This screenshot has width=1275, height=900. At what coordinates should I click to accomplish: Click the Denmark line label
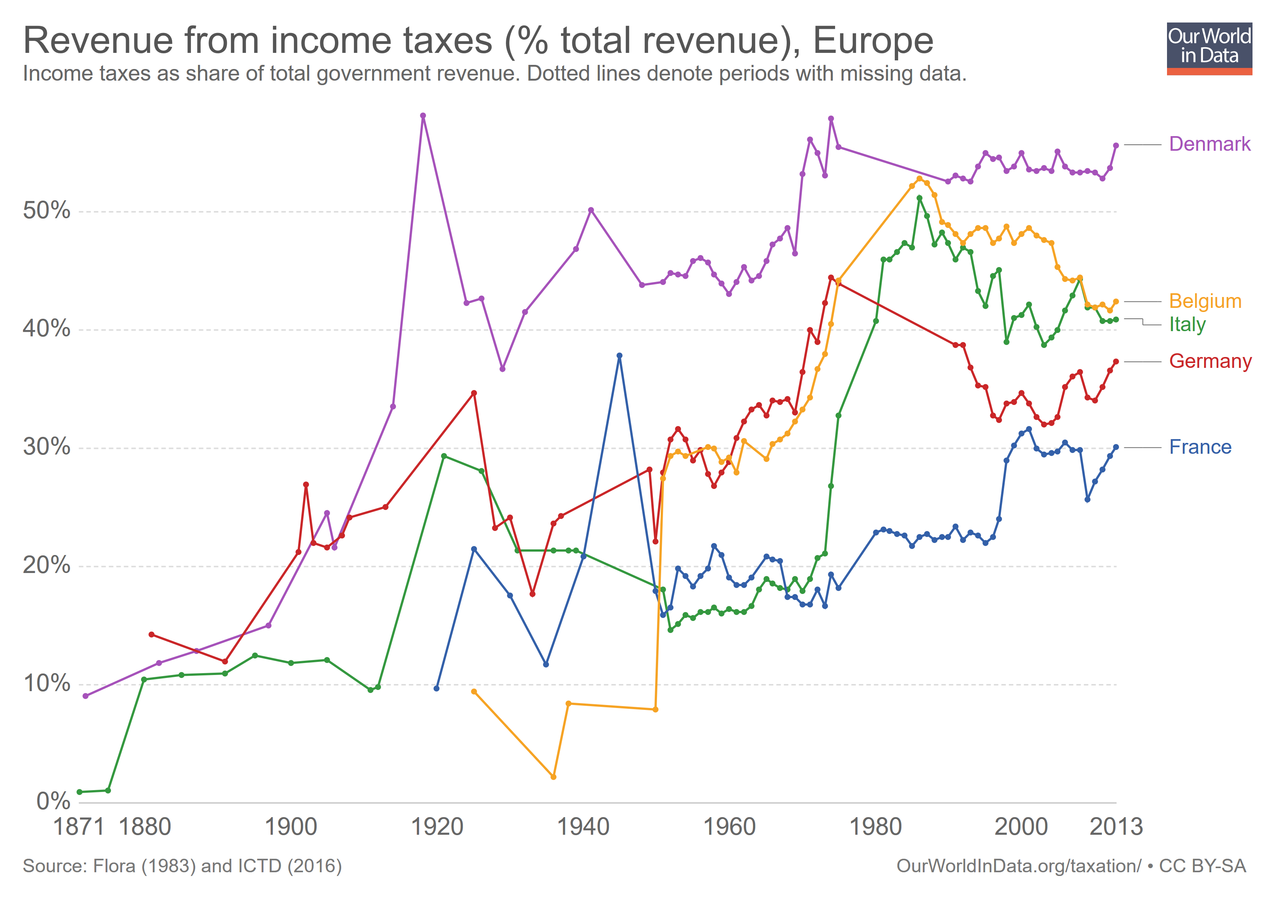click(x=1209, y=144)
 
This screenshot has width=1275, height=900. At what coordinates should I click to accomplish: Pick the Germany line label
click(x=1210, y=361)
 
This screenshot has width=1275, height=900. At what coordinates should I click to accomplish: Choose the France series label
click(x=1200, y=447)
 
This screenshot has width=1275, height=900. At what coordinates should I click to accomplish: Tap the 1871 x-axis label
click(x=78, y=827)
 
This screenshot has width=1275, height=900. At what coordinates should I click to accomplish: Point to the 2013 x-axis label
click(x=1116, y=827)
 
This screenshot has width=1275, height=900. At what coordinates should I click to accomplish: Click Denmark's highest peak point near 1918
click(x=423, y=116)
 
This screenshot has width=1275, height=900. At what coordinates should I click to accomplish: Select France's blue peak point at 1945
click(x=620, y=356)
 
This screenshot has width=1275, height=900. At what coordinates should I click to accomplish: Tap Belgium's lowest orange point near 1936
click(x=553, y=777)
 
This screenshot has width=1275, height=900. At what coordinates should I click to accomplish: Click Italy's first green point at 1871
click(x=80, y=792)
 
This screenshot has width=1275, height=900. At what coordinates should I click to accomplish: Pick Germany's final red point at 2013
click(x=1116, y=361)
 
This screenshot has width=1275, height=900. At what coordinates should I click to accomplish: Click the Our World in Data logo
click(x=1209, y=48)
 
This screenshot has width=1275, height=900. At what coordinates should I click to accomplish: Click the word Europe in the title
click(x=873, y=41)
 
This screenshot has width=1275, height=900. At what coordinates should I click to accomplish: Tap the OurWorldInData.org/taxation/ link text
click(x=1018, y=866)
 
